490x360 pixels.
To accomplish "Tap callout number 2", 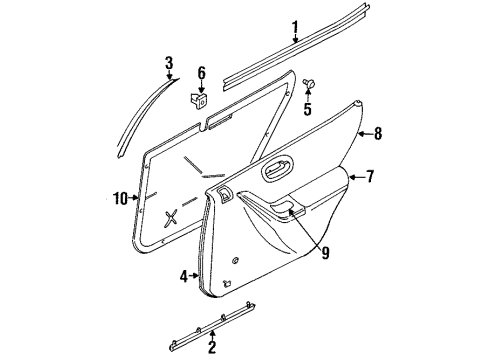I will point(211,348).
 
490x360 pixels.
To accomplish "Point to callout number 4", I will point(183,276).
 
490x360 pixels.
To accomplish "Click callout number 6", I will point(200,73).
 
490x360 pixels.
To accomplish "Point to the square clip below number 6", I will point(199,100).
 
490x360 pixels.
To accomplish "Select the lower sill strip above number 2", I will point(214,321).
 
